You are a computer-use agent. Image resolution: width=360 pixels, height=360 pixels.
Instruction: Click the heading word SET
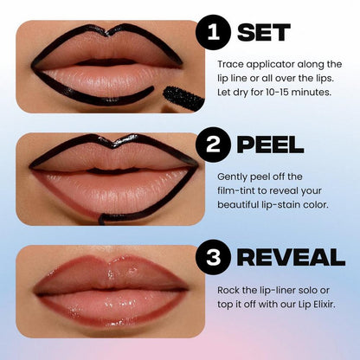click(x=264, y=33)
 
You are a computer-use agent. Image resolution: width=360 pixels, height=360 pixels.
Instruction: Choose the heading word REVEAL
click(x=291, y=256)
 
